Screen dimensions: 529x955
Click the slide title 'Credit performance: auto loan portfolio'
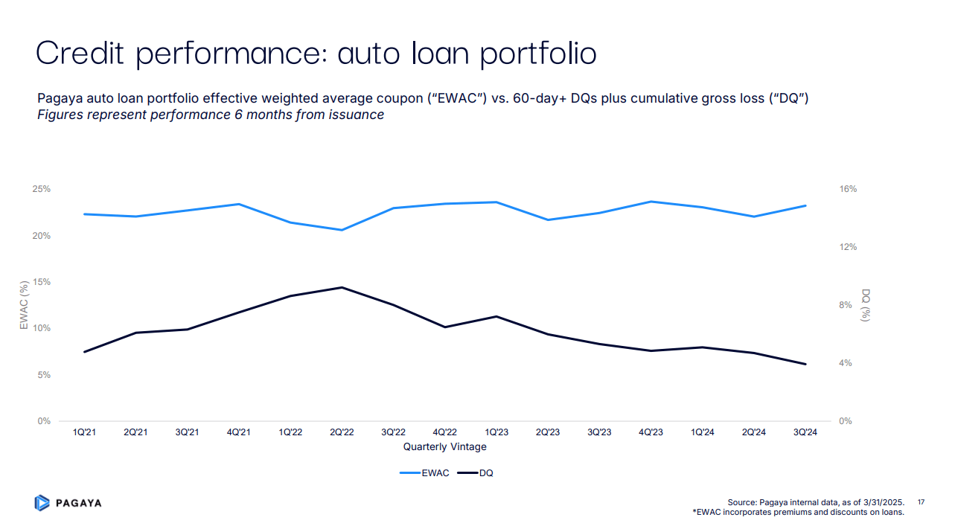[316, 54]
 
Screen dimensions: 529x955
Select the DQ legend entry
[476, 473]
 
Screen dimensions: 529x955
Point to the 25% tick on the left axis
[42, 189]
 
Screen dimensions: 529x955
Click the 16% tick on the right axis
[848, 189]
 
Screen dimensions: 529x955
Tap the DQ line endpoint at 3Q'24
[805, 364]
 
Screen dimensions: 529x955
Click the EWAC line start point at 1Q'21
[84, 214]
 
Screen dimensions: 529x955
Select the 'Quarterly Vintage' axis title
[444, 447]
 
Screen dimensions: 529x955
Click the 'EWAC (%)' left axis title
[24, 305]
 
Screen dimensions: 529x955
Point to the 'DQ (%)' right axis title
[866, 305]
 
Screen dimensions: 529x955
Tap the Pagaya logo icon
[42, 503]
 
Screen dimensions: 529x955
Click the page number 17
[921, 502]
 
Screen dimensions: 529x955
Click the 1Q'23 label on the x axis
[496, 433]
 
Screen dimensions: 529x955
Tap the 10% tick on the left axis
[42, 328]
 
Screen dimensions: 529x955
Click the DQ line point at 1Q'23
[496, 316]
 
